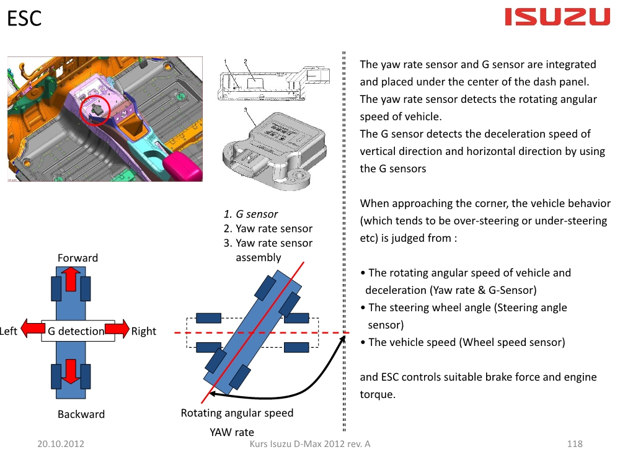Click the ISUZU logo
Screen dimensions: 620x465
tap(557, 17)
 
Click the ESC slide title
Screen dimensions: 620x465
tap(24, 19)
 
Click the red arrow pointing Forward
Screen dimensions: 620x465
tap(71, 279)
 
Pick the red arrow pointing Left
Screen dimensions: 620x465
tap(33, 328)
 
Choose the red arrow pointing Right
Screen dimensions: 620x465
tap(117, 328)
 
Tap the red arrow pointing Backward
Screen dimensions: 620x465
tap(71, 371)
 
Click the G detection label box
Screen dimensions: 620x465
tap(78, 330)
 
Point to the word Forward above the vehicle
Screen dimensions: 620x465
tap(77, 258)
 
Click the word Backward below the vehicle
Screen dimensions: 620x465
tap(81, 414)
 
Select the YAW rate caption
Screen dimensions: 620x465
tap(232, 432)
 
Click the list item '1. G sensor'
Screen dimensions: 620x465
tap(250, 214)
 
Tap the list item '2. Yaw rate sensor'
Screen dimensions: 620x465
tap(268, 229)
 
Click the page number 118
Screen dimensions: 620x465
tap(575, 444)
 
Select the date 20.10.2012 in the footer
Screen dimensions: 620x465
tap(61, 444)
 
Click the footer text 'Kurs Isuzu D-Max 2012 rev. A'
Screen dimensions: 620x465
tap(310, 444)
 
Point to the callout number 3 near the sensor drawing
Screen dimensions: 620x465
tap(246, 110)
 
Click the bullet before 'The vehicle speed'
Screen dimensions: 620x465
tap(363, 342)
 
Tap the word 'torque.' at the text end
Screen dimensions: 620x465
tap(378, 394)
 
